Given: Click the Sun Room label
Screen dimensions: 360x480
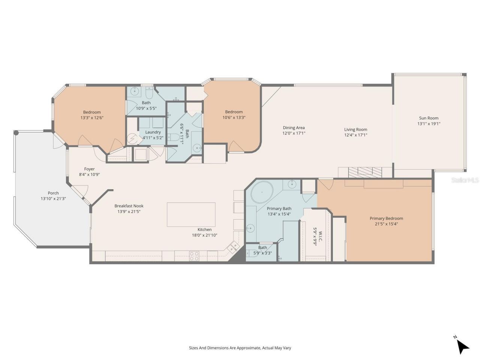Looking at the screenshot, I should tap(429, 118).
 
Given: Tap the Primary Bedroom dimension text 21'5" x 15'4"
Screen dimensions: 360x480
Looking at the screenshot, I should tap(386, 224).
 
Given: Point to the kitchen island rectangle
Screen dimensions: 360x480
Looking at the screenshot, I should tap(191, 214).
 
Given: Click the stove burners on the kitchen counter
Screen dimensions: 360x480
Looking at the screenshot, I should tap(194, 256).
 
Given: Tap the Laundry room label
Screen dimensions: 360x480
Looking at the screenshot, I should tap(153, 132).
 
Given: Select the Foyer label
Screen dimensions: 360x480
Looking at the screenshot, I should tap(89, 169).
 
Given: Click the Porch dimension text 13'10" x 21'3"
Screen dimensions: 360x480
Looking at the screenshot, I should tap(53, 199).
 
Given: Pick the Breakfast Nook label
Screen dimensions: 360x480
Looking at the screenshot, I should tap(129, 206).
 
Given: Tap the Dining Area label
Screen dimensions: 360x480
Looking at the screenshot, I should tap(294, 128).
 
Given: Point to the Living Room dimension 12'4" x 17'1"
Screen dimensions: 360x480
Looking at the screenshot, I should tap(355, 135).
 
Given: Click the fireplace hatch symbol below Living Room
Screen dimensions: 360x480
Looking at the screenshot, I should tap(364, 172).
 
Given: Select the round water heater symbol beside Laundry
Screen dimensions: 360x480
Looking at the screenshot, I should tap(132, 139).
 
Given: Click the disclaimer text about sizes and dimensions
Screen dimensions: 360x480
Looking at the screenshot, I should tap(240, 348).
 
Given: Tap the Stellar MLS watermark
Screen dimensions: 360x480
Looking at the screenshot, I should tap(465, 180).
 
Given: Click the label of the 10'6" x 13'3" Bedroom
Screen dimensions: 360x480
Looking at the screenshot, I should tap(234, 112).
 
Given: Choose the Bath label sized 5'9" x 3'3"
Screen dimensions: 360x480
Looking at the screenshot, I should tap(262, 247).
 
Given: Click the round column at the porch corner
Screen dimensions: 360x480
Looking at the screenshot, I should tap(16, 132).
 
